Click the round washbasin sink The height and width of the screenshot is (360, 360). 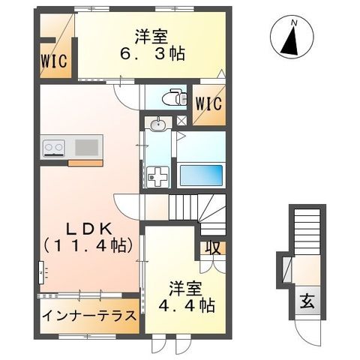(157, 124)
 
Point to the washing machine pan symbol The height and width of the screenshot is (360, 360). (159, 178)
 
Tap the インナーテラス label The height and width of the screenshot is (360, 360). (87, 315)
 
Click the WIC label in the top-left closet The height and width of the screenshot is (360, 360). (55, 61)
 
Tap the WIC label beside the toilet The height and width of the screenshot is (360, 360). (208, 103)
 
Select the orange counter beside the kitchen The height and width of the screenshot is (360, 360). (85, 162)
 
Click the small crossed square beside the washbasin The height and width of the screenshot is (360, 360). (180, 121)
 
